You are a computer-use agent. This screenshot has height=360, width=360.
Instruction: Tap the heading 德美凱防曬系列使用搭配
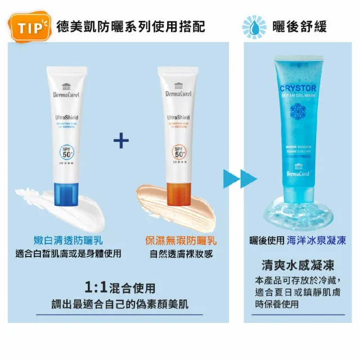[130, 26]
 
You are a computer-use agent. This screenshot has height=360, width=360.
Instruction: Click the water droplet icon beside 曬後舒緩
[254, 26]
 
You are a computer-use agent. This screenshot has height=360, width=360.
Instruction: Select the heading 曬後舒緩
[299, 26]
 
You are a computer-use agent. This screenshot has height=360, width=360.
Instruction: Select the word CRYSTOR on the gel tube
[298, 88]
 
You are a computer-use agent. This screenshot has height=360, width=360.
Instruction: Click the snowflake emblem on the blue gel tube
[298, 110]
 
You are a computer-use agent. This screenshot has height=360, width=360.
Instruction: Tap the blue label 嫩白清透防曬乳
[67, 240]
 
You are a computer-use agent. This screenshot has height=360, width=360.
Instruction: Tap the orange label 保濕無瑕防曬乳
[181, 240]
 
